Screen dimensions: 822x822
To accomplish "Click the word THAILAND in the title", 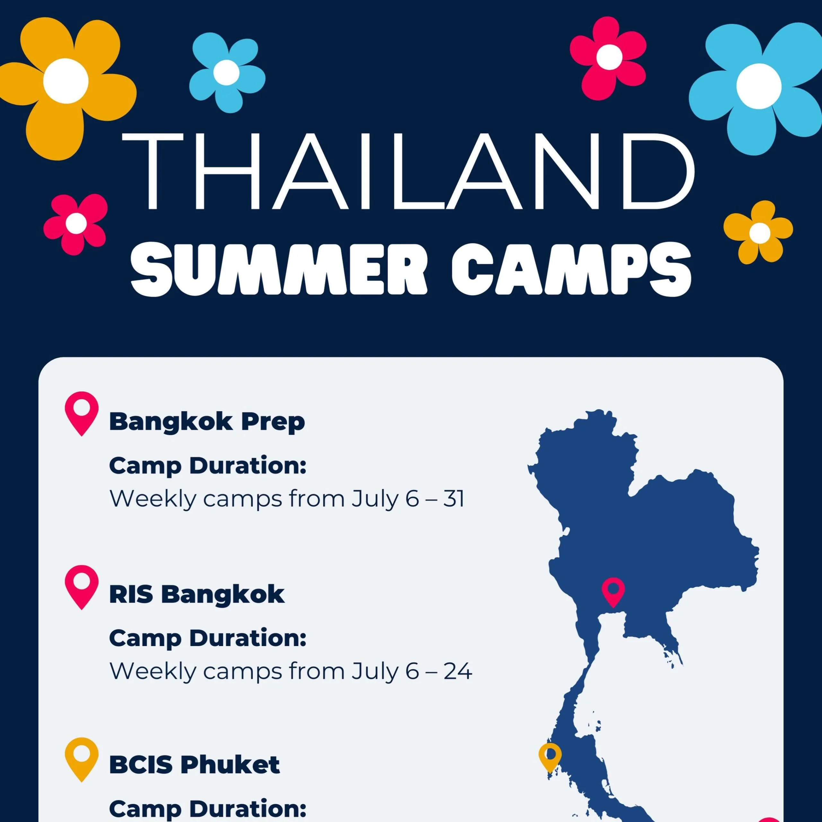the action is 408,171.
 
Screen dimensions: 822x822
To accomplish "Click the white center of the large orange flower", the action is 66,80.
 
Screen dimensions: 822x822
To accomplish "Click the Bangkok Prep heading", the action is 207,422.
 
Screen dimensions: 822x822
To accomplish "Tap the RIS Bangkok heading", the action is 197,594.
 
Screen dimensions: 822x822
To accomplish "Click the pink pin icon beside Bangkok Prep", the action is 82,414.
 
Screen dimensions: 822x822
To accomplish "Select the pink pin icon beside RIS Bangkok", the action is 82,587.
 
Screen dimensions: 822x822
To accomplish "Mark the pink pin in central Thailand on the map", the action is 613,592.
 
